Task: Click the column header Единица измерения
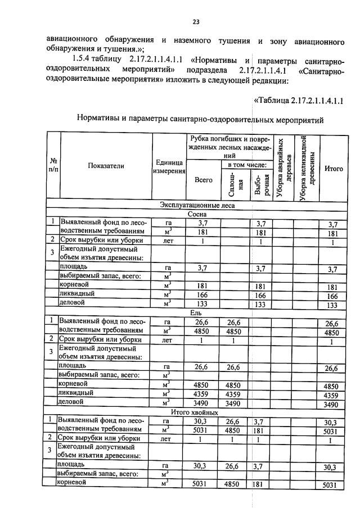pyautogui.click(x=168, y=166)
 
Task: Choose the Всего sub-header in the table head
pyautogui.click(x=203, y=180)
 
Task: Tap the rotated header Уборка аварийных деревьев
pyautogui.click(x=283, y=167)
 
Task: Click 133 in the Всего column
pyautogui.click(x=203, y=304)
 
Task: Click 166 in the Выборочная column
pyautogui.click(x=261, y=295)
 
